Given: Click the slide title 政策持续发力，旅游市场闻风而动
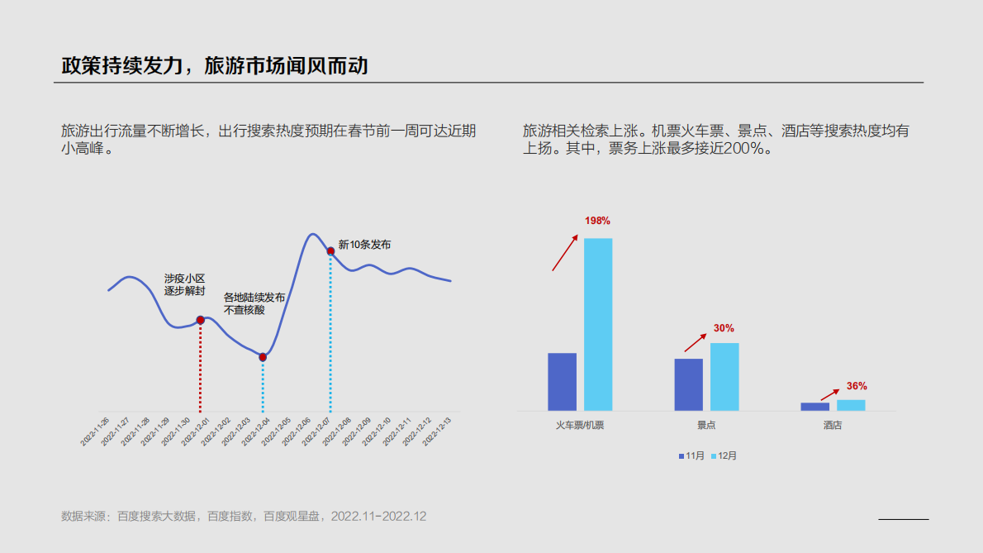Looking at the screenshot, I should point(215,65).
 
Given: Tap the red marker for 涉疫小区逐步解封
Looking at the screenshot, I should point(200,320).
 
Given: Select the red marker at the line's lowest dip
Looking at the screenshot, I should point(263,357).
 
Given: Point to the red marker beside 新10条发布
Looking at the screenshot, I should point(330,250).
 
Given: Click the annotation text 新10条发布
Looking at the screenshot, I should point(364,245).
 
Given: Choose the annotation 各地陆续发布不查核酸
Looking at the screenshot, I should point(254,303).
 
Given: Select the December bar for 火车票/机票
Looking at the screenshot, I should point(598,324).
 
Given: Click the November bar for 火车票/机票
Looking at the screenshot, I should point(562,382).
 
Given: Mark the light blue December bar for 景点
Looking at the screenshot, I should point(724,377).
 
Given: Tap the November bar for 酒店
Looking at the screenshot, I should point(814,406).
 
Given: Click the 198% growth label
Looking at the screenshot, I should point(597,221).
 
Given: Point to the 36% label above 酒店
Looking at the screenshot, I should point(857,386).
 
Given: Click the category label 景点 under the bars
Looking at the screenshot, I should point(706,426).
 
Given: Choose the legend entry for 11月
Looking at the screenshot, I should point(691,456).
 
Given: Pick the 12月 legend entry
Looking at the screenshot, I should point(724,456).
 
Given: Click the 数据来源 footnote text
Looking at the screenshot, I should point(244,516).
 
